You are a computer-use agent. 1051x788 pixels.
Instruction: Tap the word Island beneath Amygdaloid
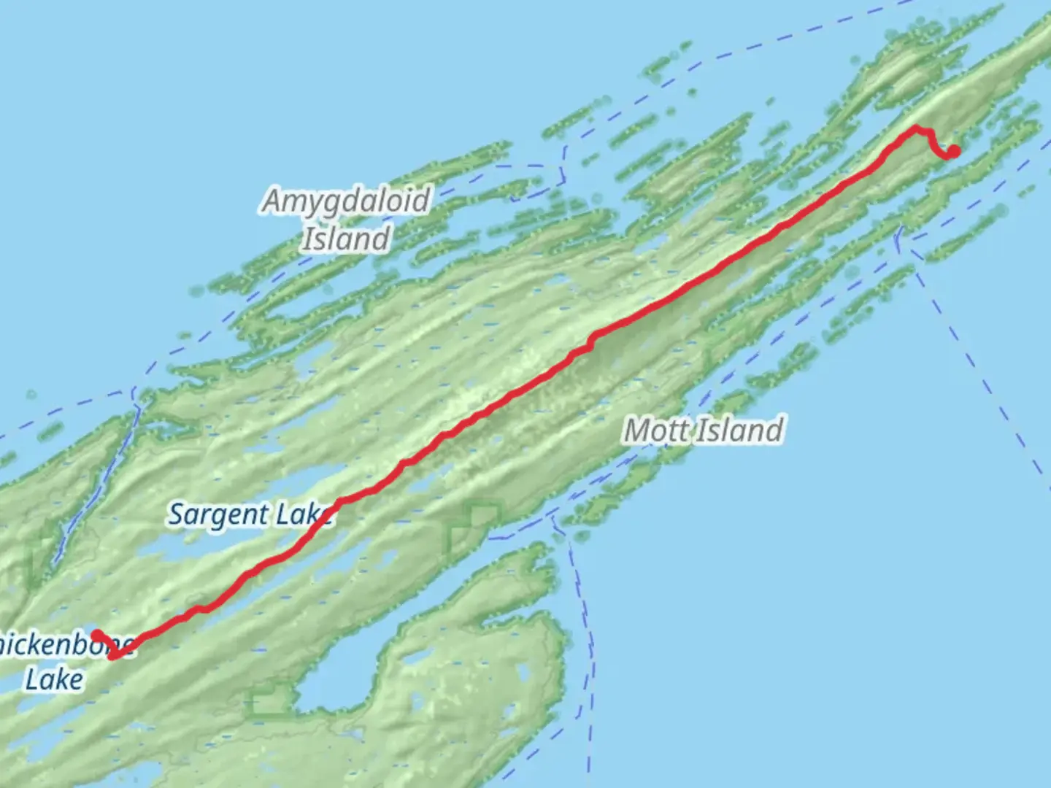click(x=346, y=239)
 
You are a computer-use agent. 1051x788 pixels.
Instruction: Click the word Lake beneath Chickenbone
click(x=54, y=679)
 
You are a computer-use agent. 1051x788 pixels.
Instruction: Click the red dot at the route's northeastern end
click(x=953, y=152)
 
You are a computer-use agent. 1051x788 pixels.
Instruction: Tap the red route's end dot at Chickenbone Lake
click(x=96, y=635)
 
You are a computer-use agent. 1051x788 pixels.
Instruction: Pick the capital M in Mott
click(x=637, y=430)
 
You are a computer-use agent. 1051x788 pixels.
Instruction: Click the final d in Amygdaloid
click(x=421, y=201)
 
